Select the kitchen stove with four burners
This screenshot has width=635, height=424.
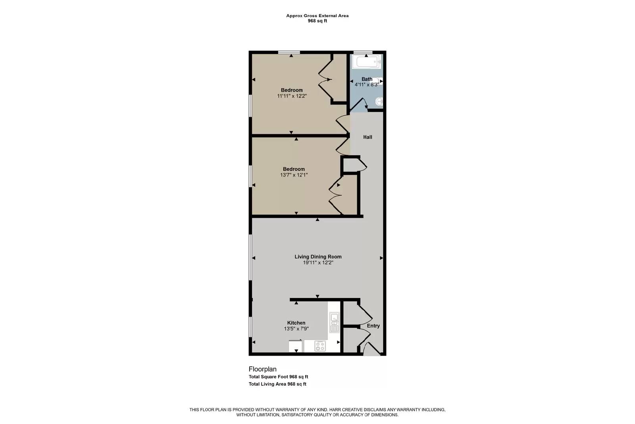pos(320,346)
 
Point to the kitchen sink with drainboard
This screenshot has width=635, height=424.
pos(334,323)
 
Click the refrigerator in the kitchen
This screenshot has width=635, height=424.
pos(296,346)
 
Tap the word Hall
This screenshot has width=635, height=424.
pos(368,137)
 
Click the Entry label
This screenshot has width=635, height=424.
pos(373,326)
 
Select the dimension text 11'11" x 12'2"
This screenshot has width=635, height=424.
pos(292,96)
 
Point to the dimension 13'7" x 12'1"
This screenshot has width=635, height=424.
pos(294,175)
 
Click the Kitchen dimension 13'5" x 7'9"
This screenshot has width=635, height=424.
pos(296,329)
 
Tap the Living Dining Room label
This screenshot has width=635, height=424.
pos(318,257)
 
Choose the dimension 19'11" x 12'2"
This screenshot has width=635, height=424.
pos(318,263)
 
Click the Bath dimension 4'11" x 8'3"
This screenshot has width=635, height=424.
pos(367,84)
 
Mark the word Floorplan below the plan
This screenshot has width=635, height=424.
pos(262,369)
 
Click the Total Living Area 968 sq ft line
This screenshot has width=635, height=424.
pos(277,384)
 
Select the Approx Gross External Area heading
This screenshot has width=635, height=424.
pos(317,16)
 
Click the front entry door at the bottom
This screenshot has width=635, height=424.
pos(371,350)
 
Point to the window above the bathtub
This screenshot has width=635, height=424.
pos(363,52)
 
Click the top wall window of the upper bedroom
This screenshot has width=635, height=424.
pos(289,52)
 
